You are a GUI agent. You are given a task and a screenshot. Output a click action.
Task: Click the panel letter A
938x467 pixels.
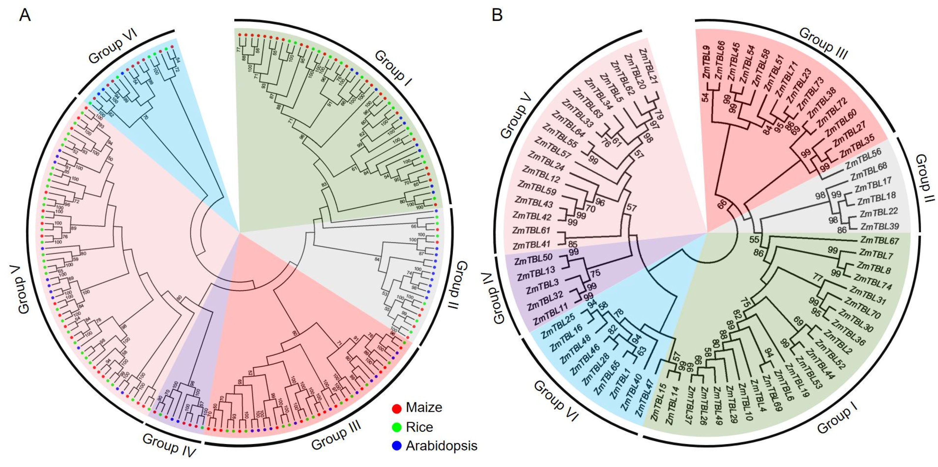pos(25,15)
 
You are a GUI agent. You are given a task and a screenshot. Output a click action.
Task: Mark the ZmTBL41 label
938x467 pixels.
pos(531,244)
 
